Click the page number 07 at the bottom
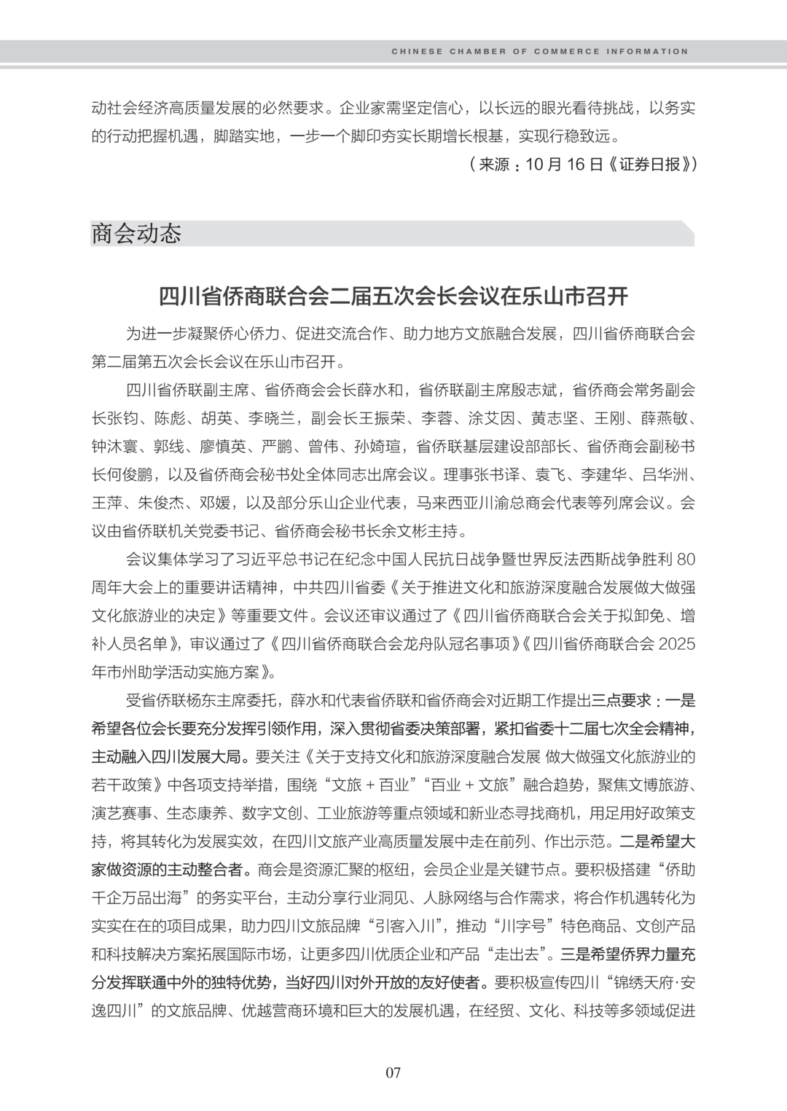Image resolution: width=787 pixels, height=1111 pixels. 393,1072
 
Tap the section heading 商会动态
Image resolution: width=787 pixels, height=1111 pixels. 136,234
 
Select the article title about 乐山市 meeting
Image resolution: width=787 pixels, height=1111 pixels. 393,297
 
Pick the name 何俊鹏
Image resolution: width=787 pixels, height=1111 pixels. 128,475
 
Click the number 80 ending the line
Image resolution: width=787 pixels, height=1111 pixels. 686,560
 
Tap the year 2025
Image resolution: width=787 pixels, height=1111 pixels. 677,644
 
